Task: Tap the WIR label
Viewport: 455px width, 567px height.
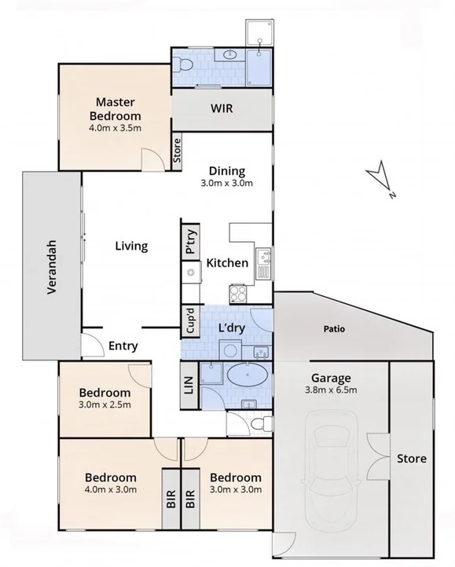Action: pos(221,108)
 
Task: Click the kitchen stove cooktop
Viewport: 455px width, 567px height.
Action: pos(238,294)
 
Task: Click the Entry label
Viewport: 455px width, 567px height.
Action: pos(124,345)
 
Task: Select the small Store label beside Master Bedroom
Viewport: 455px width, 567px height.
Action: pos(177,150)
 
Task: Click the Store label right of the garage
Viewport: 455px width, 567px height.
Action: pos(411,458)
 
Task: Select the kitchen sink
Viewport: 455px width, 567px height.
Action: pos(263,263)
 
